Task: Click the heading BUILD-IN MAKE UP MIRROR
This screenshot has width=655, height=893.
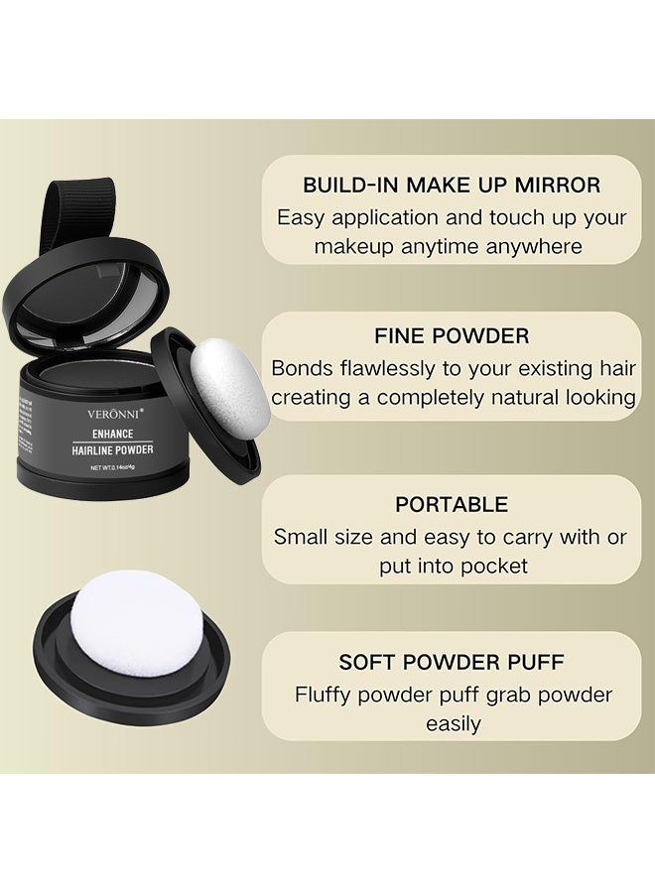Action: coord(451,185)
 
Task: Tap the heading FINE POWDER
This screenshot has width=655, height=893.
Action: coord(452,336)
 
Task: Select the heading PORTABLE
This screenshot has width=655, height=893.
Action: coord(452,504)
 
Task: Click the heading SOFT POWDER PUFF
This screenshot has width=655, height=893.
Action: coord(452,662)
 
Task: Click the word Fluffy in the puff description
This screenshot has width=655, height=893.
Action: coord(328,695)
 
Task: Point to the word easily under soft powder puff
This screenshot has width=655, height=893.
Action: coord(453,723)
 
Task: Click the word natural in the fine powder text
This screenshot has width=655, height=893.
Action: coord(525,398)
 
